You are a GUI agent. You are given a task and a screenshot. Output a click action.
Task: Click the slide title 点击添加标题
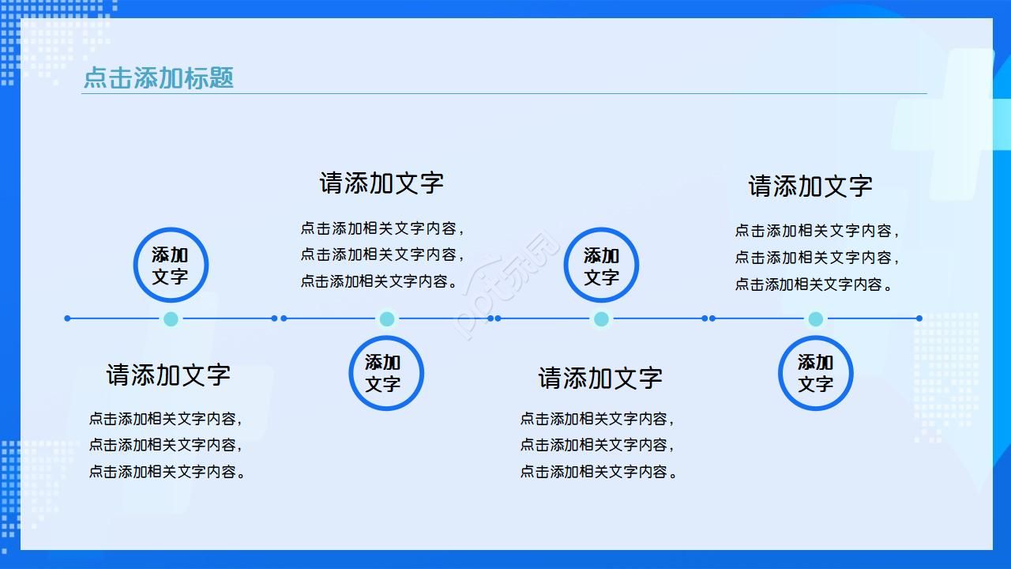pos(159,77)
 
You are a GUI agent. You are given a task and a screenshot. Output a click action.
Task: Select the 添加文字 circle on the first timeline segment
pos(171,266)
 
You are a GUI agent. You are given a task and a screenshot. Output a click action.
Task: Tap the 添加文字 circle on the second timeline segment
pos(386,373)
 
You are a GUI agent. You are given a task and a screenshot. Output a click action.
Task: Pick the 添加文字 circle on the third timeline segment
pos(601,266)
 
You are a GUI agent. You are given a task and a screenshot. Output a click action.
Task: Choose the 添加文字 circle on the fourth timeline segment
pos(816,373)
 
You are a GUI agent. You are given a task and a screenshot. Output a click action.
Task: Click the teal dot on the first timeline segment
pos(171,319)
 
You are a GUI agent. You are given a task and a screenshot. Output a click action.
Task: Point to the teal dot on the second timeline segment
pos(386,319)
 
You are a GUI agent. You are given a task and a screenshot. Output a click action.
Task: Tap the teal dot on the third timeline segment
pos(601,319)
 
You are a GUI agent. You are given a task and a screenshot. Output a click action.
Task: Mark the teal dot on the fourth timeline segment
pos(816,319)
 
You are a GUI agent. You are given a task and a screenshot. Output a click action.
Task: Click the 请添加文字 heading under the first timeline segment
pos(168,375)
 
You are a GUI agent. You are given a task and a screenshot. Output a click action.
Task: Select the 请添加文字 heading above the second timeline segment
pos(381,183)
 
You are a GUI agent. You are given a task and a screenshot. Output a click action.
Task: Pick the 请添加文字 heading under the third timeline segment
pos(600,378)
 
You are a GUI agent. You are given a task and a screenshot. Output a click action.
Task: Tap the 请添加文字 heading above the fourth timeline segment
pos(810,187)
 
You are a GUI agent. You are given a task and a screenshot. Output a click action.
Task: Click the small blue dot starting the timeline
pos(67,318)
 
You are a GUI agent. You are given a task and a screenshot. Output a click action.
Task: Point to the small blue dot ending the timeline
pos(919,318)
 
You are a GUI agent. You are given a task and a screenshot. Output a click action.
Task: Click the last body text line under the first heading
pos(167,472)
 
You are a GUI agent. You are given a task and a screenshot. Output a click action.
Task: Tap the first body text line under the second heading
pos(381,228)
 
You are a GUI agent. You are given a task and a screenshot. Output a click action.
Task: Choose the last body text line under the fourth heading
pos(814,284)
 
